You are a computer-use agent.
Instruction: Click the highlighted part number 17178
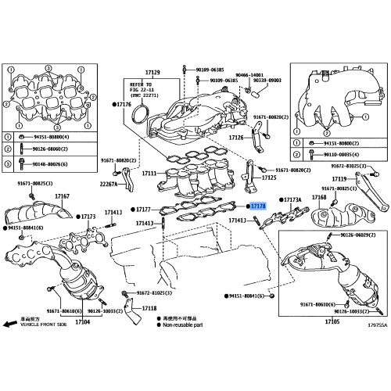tap(259, 206)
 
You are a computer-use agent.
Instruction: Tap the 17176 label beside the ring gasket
tap(123, 104)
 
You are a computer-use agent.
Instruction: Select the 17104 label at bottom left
tap(82, 322)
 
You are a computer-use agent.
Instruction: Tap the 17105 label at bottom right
tap(332, 321)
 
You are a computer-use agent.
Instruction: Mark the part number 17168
tap(319, 198)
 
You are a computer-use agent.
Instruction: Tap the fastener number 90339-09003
tap(281, 80)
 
